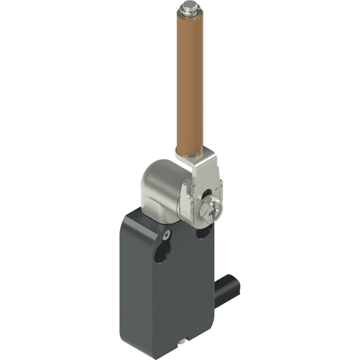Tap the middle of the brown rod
189,84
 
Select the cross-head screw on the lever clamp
211,208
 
